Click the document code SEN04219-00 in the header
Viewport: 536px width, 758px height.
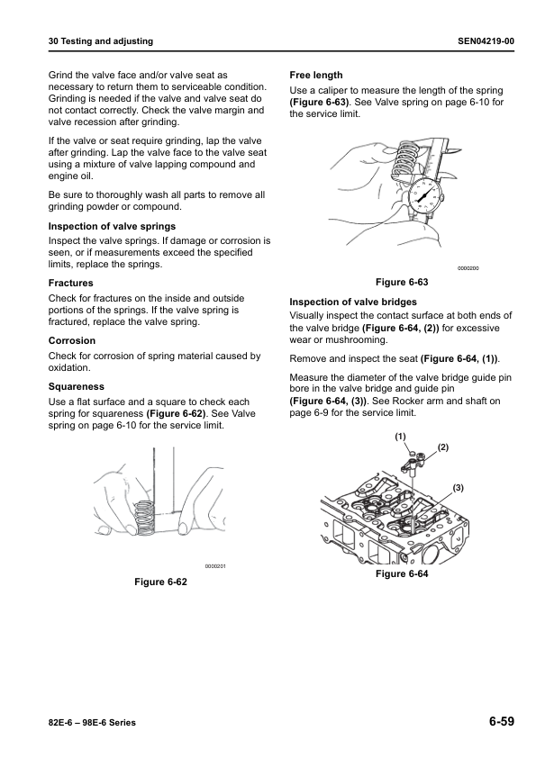click(486, 41)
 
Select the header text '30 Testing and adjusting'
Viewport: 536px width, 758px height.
click(100, 41)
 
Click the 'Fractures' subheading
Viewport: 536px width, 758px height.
click(71, 284)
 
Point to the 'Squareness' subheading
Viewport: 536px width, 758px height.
click(76, 386)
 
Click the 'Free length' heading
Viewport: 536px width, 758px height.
click(316, 75)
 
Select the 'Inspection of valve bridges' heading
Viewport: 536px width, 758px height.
click(353, 302)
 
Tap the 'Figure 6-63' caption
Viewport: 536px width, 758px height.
click(401, 282)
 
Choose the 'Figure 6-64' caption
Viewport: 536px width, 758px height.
click(402, 573)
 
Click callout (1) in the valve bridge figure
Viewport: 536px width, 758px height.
click(400, 436)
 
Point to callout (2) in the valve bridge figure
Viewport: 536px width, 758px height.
click(442, 447)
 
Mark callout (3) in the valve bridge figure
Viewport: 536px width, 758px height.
click(458, 486)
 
